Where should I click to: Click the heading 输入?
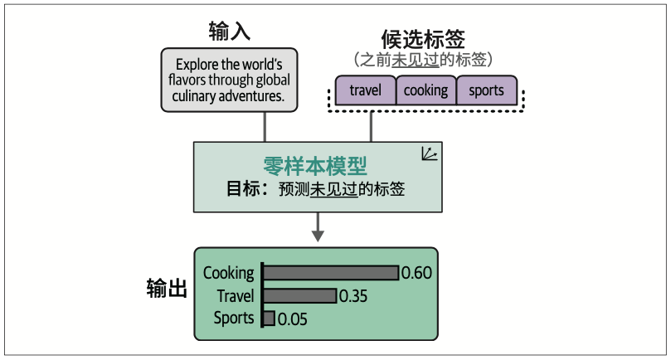pyautogui.click(x=230, y=32)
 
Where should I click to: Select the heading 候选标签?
pyautogui.click(x=423, y=38)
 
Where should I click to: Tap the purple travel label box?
pyautogui.click(x=365, y=90)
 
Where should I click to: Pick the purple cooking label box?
pyautogui.click(x=425, y=90)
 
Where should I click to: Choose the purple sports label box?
pyautogui.click(x=486, y=90)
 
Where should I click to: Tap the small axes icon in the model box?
pyautogui.click(x=429, y=153)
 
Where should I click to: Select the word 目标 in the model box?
pyautogui.click(x=244, y=189)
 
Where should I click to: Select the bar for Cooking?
pyautogui.click(x=331, y=273)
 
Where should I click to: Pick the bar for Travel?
pyautogui.click(x=300, y=295)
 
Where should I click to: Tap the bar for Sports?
pyautogui.click(x=269, y=318)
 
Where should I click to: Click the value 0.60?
pyautogui.click(x=417, y=273)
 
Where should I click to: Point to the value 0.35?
pyautogui.click(x=354, y=296)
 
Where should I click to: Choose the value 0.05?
pyautogui.click(x=292, y=319)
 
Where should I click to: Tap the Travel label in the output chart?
pyautogui.click(x=236, y=295)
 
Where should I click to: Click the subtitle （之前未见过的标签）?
pyautogui.click(x=423, y=60)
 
